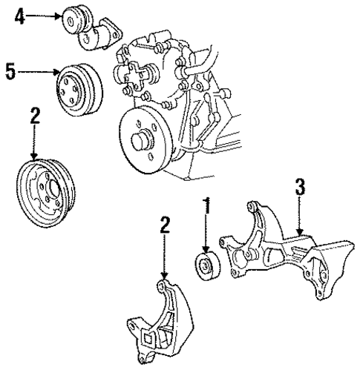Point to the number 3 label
299,186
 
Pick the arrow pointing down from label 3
299,215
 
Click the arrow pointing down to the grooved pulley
33,142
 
